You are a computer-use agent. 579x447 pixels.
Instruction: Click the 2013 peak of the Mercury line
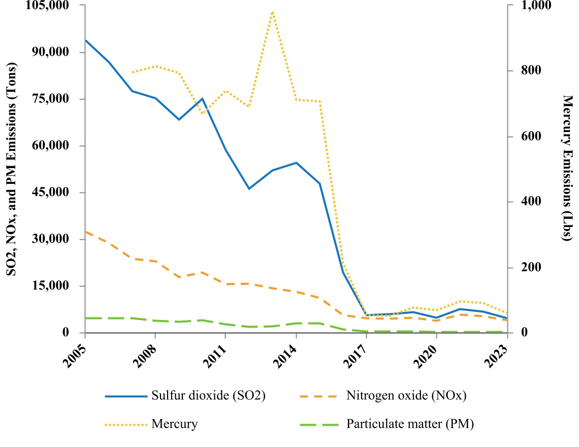[273, 12]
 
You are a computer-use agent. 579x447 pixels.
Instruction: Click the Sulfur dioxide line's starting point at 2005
[85, 40]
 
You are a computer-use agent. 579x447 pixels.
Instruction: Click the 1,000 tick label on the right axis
[533, 6]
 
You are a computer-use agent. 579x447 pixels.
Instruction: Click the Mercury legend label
[174, 424]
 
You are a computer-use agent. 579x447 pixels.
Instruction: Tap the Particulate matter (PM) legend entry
[410, 424]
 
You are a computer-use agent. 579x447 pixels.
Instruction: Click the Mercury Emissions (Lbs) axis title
[568, 168]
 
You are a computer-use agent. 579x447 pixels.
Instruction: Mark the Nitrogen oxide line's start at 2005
[85, 232]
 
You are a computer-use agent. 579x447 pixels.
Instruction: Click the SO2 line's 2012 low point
[249, 188]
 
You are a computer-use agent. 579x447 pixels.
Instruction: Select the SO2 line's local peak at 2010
[203, 99]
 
